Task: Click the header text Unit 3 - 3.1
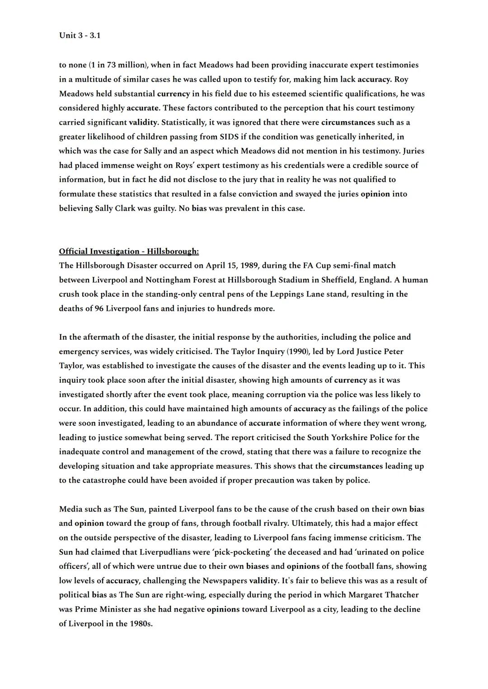[x=80, y=35]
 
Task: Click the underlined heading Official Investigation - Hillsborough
[x=129, y=251]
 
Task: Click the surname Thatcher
[x=400, y=595]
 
